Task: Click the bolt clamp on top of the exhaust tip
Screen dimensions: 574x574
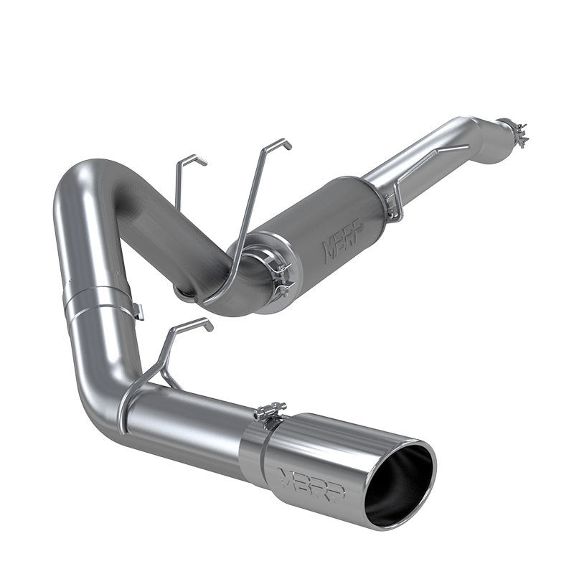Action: coord(271,414)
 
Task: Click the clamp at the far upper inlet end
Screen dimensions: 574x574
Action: coord(514,133)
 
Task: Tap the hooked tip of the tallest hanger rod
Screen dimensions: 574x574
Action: coord(286,144)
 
